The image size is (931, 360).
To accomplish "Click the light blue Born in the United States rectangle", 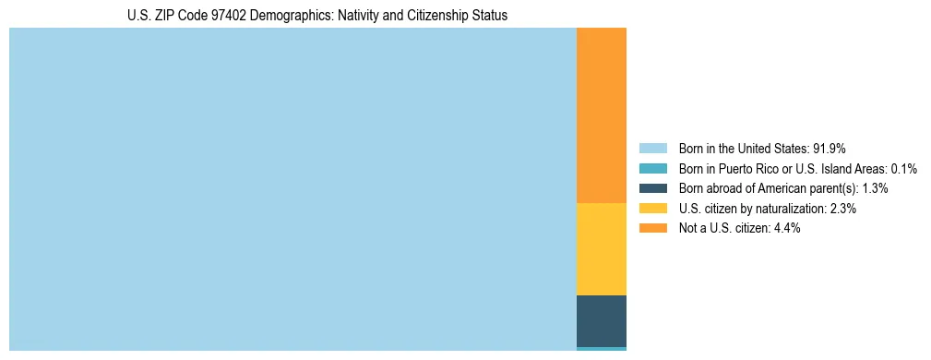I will pyautogui.click(x=292, y=189).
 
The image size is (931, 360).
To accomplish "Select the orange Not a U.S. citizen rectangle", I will pyautogui.click(x=601, y=115).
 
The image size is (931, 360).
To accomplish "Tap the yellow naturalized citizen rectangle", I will pyautogui.click(x=601, y=249).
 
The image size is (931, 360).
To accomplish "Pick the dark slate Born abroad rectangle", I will pyautogui.click(x=601, y=321).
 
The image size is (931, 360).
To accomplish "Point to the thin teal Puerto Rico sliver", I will pyautogui.click(x=601, y=349).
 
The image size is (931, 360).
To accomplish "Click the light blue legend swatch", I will pyautogui.click(x=652, y=148).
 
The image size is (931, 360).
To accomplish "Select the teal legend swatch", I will pyautogui.click(x=652, y=168).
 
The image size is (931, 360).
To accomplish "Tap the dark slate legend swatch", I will pyautogui.click(x=652, y=188).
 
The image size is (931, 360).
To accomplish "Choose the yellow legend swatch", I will pyautogui.click(x=652, y=209).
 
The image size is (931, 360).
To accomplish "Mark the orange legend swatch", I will pyautogui.click(x=652, y=228).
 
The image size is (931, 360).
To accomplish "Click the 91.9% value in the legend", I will pyautogui.click(x=830, y=148).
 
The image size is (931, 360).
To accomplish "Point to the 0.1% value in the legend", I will pyautogui.click(x=903, y=168).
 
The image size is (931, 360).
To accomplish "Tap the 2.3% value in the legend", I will pyautogui.click(x=842, y=209).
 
